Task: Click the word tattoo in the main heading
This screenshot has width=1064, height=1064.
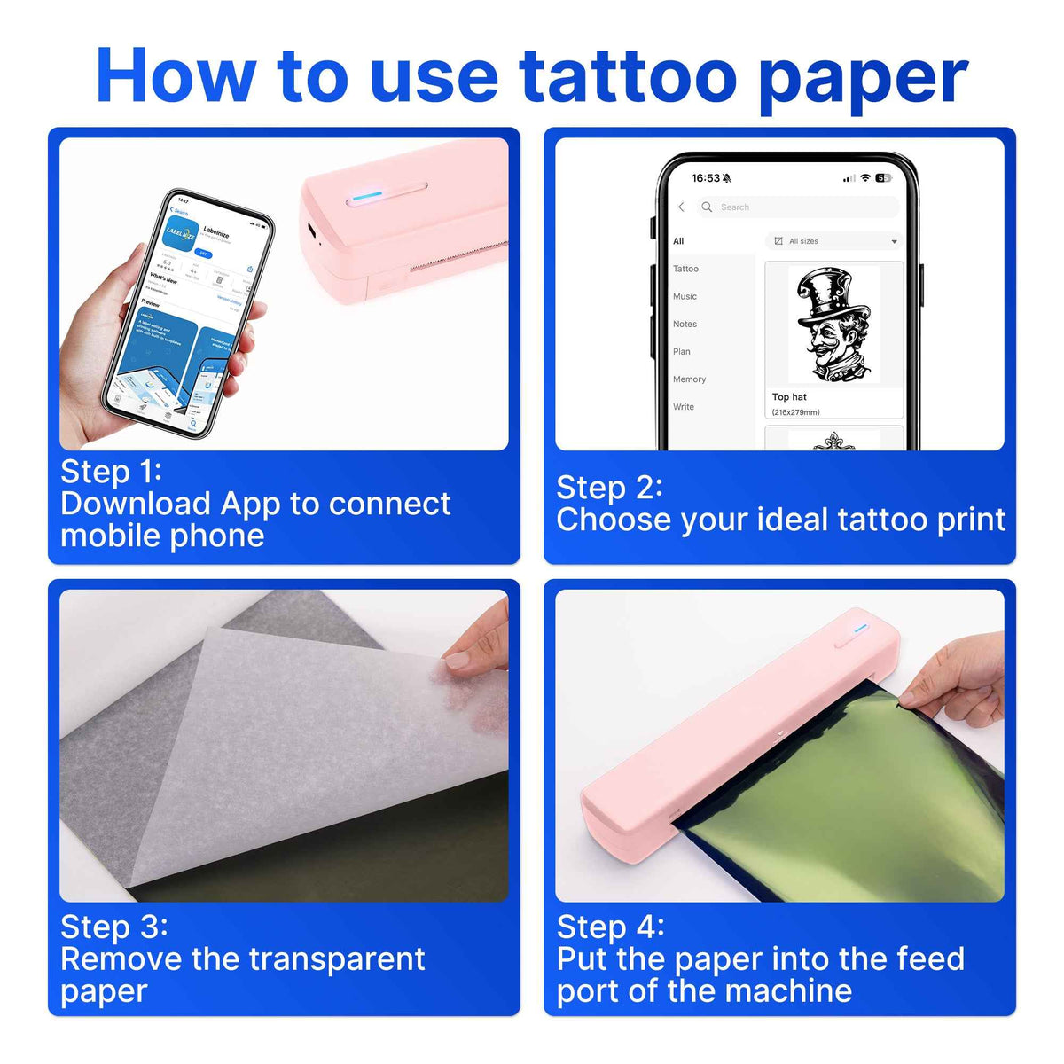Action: pos(628,77)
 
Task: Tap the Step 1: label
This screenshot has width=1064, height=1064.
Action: pos(111,472)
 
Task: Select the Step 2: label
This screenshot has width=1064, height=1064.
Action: pos(609,488)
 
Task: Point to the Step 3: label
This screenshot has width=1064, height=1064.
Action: pos(113,927)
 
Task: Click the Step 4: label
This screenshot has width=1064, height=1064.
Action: pos(610,927)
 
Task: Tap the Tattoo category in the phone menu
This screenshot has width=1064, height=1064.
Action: pos(685,269)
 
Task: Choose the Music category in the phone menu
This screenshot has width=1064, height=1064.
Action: pos(685,296)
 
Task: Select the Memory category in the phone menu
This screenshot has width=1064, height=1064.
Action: pos(689,379)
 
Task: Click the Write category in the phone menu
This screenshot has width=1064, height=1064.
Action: pos(683,407)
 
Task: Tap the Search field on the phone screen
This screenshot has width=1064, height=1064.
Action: pos(798,207)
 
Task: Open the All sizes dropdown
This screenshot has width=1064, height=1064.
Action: pos(833,241)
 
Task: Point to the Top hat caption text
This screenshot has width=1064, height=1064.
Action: pos(789,397)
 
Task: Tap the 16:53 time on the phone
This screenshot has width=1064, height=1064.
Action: pos(706,178)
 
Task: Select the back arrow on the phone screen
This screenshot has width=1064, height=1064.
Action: pos(681,207)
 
